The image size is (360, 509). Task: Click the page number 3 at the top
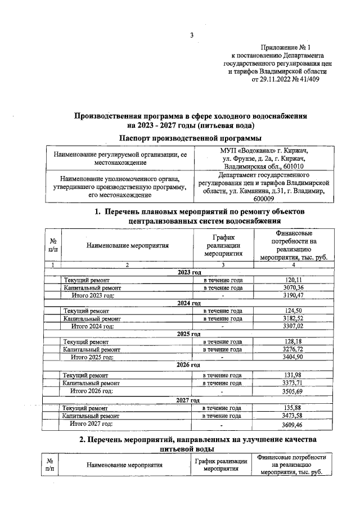191,37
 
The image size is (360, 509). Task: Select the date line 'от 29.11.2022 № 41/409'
289,80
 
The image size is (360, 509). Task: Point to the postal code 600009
263,199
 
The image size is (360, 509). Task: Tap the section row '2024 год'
189,303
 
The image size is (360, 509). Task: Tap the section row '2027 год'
189,400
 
